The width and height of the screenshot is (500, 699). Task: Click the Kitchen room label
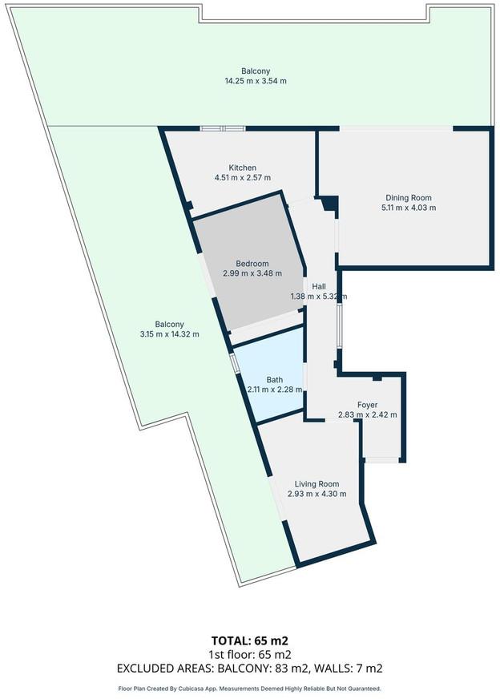pyautogui.click(x=243, y=168)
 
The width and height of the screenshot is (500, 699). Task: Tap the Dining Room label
pyautogui.click(x=409, y=197)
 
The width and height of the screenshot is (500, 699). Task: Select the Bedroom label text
pyautogui.click(x=252, y=264)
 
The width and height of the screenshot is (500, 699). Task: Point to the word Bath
pyautogui.click(x=275, y=380)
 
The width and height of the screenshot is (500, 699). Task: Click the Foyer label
pyautogui.click(x=367, y=405)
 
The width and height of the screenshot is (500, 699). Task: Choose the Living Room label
pyautogui.click(x=317, y=483)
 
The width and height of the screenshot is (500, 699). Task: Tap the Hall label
pyautogui.click(x=319, y=287)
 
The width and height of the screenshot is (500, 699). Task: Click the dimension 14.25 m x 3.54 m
pyautogui.click(x=256, y=81)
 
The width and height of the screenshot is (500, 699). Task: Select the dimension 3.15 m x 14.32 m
pyautogui.click(x=169, y=334)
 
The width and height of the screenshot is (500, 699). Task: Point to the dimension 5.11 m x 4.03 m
pyautogui.click(x=409, y=208)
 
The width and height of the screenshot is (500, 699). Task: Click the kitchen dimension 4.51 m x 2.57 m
pyautogui.click(x=243, y=177)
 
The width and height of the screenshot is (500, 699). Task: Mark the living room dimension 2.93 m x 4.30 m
pyautogui.click(x=317, y=494)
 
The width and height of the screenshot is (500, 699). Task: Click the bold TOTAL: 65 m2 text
pyautogui.click(x=249, y=640)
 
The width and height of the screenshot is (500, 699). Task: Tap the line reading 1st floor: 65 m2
pyautogui.click(x=249, y=654)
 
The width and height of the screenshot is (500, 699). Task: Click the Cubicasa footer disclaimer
pyautogui.click(x=249, y=689)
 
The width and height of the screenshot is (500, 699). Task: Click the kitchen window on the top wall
pyautogui.click(x=223, y=129)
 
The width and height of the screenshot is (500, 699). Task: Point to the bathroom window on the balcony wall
pyautogui.click(x=235, y=363)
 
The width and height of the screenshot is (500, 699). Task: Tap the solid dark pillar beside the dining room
pyautogui.click(x=330, y=204)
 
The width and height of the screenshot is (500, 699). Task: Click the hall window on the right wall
pyautogui.click(x=340, y=326)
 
